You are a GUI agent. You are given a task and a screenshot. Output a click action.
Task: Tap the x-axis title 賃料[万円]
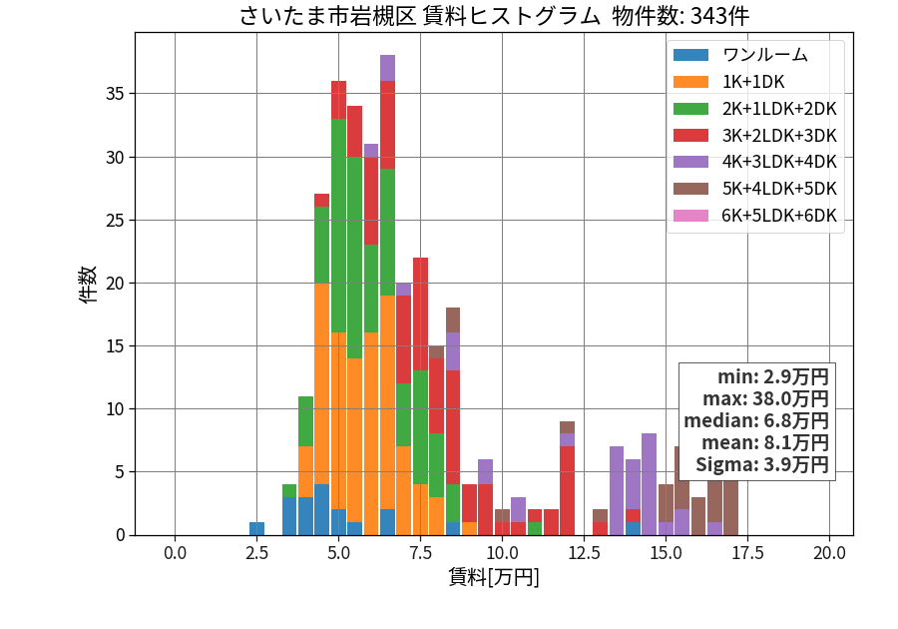pos(494,576)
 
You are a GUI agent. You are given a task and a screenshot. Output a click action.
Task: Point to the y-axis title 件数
pos(88,285)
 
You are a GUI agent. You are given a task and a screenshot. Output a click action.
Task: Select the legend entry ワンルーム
pos(765,55)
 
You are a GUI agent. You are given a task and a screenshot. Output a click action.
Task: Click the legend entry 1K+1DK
pos(753,82)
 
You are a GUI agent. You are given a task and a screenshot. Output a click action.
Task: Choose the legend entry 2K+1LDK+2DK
pos(779,109)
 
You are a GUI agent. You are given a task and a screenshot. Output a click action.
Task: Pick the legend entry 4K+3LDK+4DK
pos(779,162)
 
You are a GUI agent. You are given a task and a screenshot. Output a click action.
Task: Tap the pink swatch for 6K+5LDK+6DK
pos(690,216)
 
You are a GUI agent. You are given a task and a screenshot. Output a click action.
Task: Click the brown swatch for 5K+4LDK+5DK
pos(690,189)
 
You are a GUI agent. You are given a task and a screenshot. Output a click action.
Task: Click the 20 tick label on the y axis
pos(115,283)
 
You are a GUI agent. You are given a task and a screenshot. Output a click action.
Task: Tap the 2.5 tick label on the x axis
pos(256,553)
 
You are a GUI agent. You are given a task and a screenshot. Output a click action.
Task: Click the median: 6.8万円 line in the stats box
pos(756,421)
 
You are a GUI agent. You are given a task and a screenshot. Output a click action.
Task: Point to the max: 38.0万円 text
pos(765,398)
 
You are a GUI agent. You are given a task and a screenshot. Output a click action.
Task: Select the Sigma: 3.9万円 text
pos(762,464)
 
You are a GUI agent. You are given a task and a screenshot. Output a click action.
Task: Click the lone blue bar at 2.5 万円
pos(257,529)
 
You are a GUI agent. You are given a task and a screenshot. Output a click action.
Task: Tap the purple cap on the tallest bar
pos(388,68)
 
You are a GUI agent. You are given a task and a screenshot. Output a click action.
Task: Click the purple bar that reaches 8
pos(649,484)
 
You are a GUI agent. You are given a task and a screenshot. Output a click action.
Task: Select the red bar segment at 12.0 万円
pos(567,491)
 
